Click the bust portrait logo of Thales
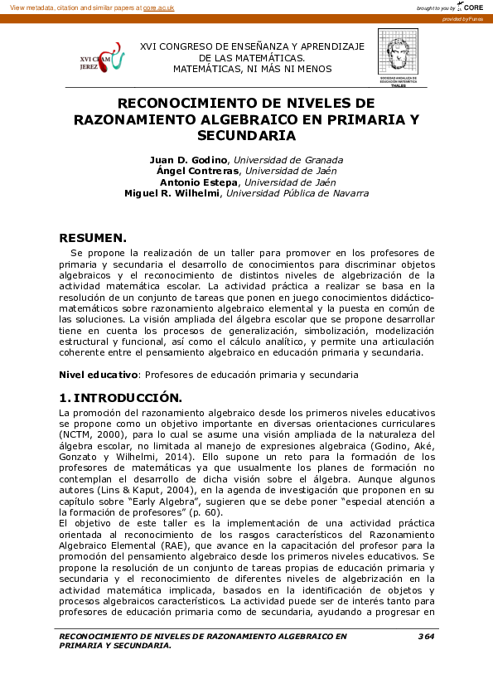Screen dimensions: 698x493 (399, 55)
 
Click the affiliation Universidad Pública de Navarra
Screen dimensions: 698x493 (297, 193)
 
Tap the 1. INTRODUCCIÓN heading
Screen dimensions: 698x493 (120, 398)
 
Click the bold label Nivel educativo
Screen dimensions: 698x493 (86, 376)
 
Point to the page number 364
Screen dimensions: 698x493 (426, 636)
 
